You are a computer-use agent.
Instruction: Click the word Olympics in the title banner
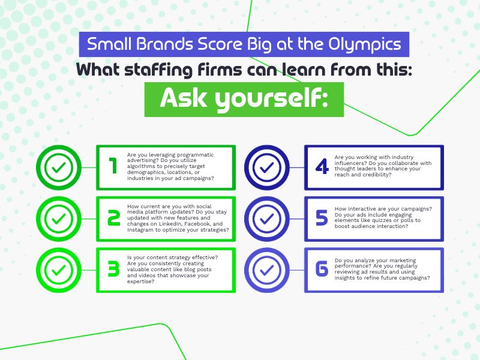pos(365,44)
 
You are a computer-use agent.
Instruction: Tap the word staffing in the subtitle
pos(158,70)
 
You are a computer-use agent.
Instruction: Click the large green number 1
pos(113,166)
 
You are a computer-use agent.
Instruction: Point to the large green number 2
pos(113,218)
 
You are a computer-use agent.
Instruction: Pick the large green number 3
pos(113,269)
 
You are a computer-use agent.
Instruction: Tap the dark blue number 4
pos(322,167)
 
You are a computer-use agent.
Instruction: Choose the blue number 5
pos(322,218)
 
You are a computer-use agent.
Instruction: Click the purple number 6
pos(322,269)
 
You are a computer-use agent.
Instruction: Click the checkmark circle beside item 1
pos(59,167)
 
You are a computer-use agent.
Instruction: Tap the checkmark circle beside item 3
pos(59,270)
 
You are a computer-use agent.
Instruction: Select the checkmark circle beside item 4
pos(266,167)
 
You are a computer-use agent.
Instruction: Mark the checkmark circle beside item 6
pos(266,270)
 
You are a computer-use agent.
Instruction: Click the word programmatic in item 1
pos(196,155)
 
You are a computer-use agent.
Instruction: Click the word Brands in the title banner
pos(164,44)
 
